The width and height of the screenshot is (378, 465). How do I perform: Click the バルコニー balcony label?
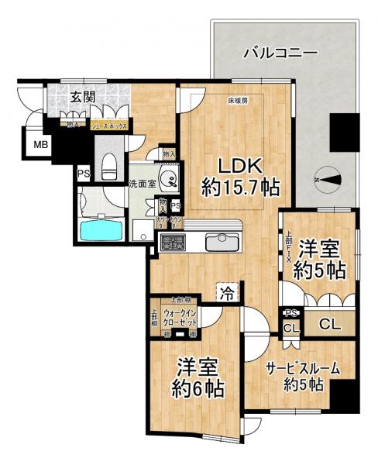[x=277, y=53]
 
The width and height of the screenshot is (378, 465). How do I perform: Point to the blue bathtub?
[x=101, y=231]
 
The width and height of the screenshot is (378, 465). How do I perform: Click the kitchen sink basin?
[x=222, y=243]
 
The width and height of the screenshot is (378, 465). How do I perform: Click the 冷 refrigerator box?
[x=227, y=294]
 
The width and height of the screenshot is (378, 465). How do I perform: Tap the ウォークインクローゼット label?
[x=180, y=316]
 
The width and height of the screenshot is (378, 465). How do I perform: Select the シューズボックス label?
[x=108, y=124]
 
